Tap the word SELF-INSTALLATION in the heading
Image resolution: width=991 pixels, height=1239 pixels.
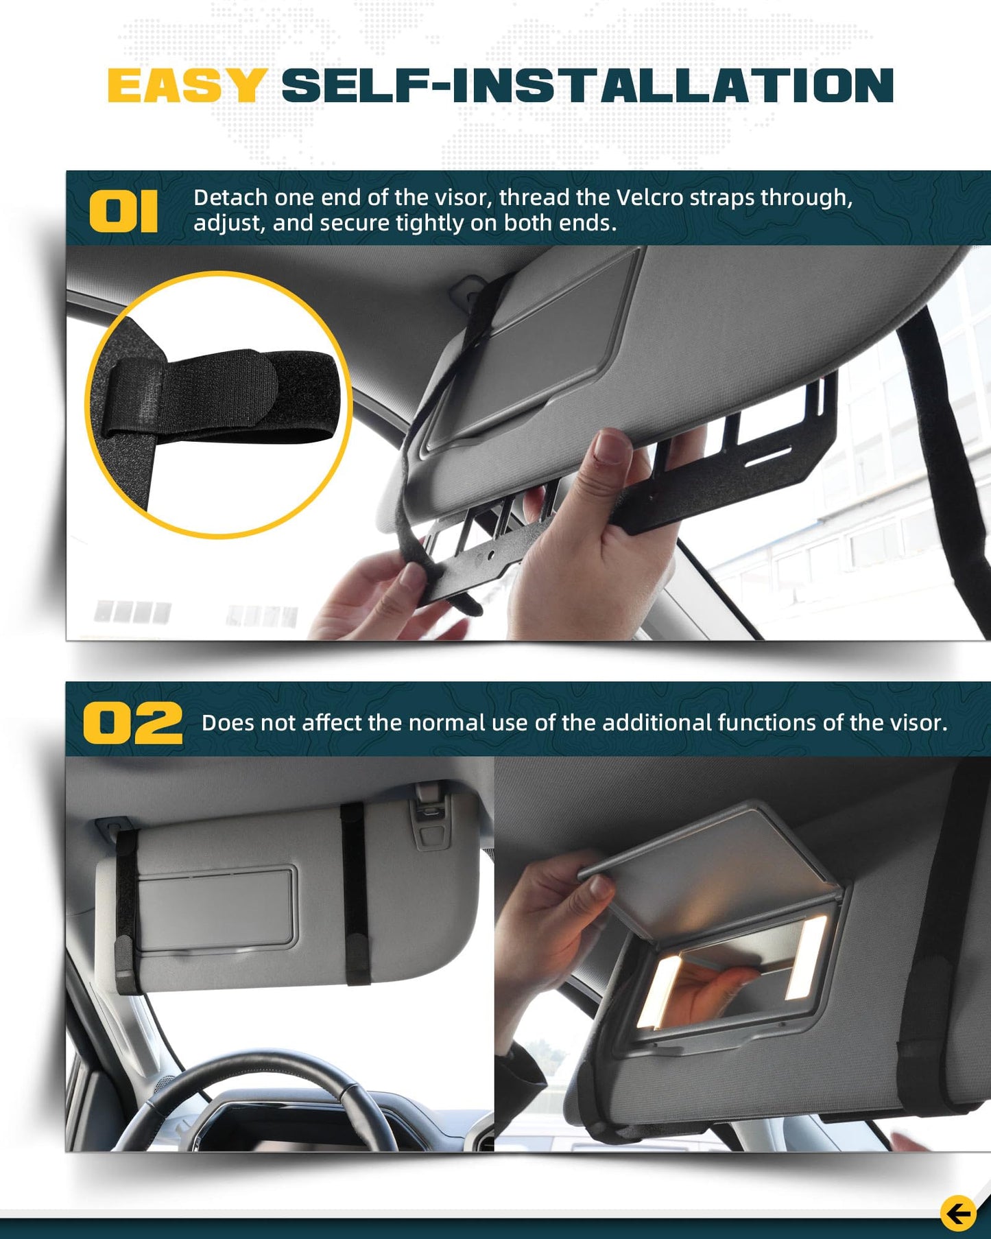pos(587,86)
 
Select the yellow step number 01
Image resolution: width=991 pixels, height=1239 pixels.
pos(123,212)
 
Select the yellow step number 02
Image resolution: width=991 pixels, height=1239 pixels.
pos(133,723)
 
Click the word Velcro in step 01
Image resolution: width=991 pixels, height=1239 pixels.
pos(650,198)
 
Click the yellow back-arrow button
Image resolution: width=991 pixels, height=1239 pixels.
pos(958,1214)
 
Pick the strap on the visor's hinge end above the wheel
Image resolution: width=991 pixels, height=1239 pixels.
pos(355,892)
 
